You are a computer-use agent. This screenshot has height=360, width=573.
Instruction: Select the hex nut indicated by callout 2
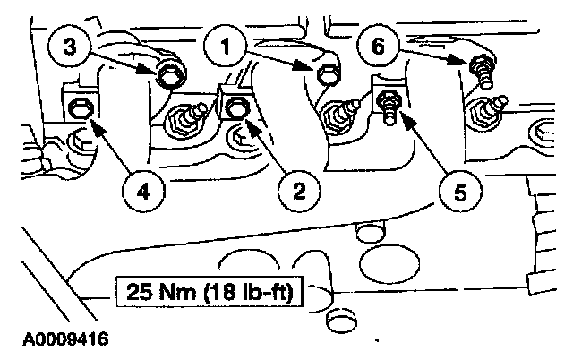[236, 109]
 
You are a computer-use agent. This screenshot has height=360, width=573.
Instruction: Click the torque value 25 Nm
[154, 293]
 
